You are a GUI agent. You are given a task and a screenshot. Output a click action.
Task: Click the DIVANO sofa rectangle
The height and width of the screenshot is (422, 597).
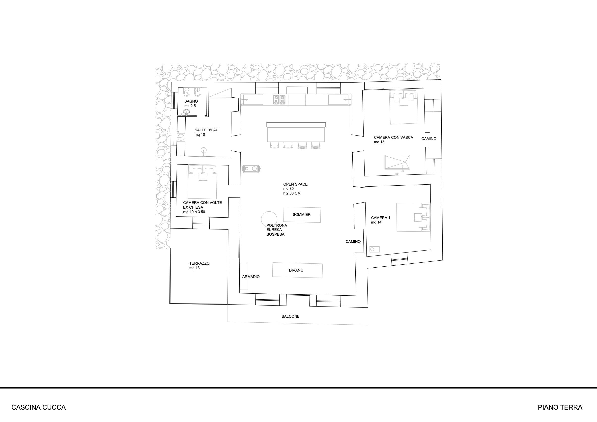tap(297, 270)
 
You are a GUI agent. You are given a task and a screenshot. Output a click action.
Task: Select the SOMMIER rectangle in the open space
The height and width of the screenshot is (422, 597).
tap(302, 215)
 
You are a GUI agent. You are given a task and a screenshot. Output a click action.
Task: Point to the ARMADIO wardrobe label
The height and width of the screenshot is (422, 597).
tap(251, 277)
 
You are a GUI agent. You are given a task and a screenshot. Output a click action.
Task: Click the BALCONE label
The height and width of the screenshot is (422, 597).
tap(290, 316)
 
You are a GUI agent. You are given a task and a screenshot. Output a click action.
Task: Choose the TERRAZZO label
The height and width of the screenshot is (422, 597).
tap(199, 263)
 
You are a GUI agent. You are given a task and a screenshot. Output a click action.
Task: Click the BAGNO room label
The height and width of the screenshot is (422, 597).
tap(191, 101)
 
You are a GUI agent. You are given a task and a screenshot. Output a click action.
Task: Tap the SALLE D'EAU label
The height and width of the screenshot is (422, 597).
tap(206, 130)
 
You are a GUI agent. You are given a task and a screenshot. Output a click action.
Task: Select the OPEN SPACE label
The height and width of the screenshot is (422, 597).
tap(295, 184)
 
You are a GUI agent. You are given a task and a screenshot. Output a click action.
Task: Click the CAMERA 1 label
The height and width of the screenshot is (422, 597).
tap(381, 218)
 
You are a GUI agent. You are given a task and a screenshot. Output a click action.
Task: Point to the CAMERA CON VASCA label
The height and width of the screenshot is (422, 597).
tap(393, 138)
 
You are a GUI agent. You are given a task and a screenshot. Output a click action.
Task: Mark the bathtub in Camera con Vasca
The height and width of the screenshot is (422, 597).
tap(397, 162)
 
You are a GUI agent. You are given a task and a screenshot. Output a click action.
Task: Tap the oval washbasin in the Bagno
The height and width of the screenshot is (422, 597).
tap(186, 112)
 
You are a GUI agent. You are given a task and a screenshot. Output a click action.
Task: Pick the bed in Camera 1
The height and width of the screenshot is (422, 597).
tap(413, 217)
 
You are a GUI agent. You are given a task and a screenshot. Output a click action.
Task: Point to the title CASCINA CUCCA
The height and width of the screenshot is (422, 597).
tap(38, 407)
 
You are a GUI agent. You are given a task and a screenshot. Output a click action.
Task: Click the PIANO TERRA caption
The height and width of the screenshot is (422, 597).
tap(560, 407)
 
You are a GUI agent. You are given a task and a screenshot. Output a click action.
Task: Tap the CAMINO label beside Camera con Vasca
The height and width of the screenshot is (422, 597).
tap(429, 139)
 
